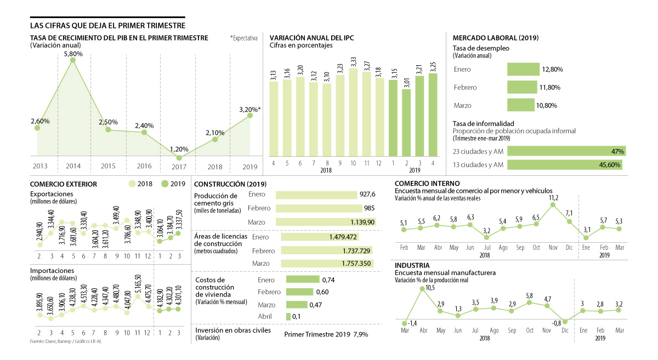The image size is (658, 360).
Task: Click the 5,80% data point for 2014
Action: click(x=73, y=60)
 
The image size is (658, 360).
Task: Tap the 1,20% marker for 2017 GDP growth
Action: click(x=180, y=158)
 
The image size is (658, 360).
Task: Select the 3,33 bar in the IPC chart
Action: click(x=353, y=112)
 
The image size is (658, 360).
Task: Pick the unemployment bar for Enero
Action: click(x=524, y=70)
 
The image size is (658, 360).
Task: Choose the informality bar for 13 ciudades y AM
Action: click(x=565, y=164)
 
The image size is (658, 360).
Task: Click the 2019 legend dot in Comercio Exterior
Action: click(x=166, y=184)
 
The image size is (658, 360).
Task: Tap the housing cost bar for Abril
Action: click(x=288, y=317)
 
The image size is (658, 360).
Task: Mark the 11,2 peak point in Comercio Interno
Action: click(x=553, y=205)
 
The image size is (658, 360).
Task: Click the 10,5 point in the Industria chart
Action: click(x=422, y=289)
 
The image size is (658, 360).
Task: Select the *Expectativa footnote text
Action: click(x=243, y=38)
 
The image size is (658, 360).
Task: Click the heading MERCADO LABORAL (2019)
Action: click(x=495, y=38)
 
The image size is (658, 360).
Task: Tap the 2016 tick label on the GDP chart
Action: click(x=144, y=165)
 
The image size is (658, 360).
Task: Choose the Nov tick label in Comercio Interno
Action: click(x=553, y=248)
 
